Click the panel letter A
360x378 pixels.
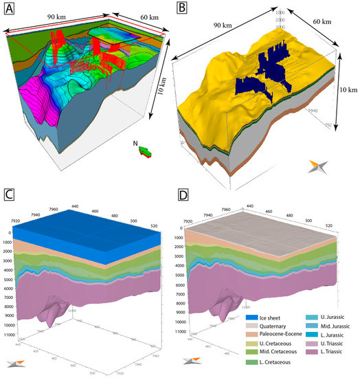point(10,10)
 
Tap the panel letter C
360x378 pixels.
point(10,194)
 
